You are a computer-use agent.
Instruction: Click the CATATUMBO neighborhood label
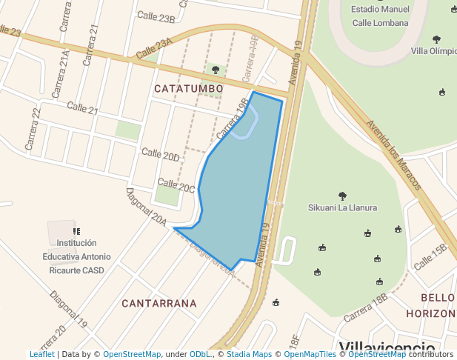(x=188, y=89)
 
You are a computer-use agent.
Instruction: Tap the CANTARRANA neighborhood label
(x=159, y=303)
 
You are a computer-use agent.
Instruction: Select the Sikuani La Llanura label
(x=343, y=207)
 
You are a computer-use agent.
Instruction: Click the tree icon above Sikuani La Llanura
(x=342, y=196)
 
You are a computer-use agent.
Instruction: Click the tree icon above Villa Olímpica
(x=436, y=39)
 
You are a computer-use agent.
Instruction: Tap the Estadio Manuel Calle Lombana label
(x=380, y=16)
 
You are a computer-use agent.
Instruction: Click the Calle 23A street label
(x=154, y=50)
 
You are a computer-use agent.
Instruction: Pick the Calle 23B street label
(x=156, y=18)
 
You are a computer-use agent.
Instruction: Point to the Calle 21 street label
(x=82, y=108)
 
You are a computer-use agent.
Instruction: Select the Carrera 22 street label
(x=33, y=129)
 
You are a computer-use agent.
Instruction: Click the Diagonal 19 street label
(x=69, y=309)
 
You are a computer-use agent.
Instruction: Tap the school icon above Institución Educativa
(x=76, y=231)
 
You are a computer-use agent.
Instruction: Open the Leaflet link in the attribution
(x=41, y=355)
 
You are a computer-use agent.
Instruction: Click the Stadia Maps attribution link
(x=249, y=355)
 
